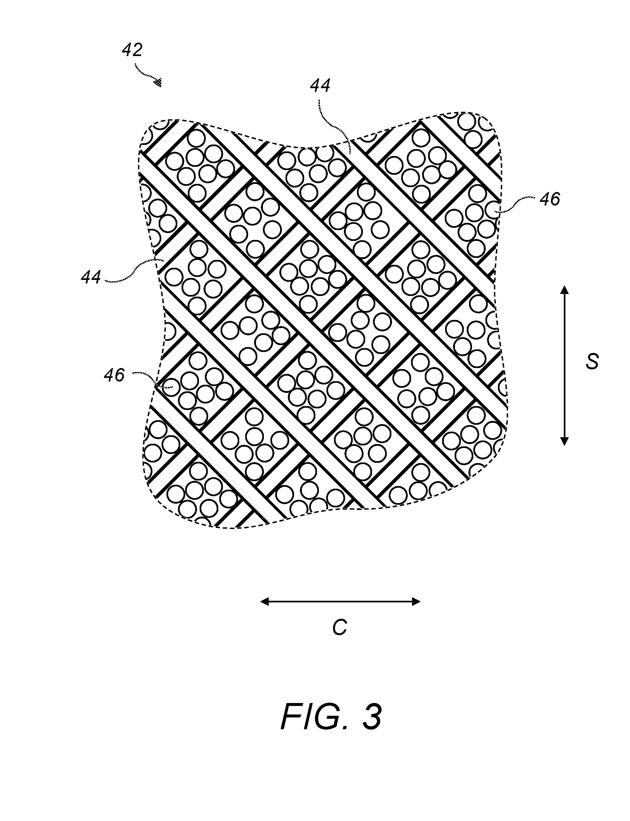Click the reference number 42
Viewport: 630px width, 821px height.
tap(132, 50)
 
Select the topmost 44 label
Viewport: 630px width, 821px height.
tap(320, 86)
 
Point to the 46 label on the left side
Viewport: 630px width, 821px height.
tap(114, 375)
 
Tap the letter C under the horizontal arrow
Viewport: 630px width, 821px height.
tap(340, 628)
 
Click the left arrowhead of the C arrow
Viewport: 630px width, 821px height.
tap(266, 602)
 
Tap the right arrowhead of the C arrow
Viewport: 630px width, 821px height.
tap(416, 602)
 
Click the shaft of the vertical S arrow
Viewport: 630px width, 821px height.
tap(564, 365)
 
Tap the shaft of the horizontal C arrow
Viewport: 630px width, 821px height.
tap(341, 602)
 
